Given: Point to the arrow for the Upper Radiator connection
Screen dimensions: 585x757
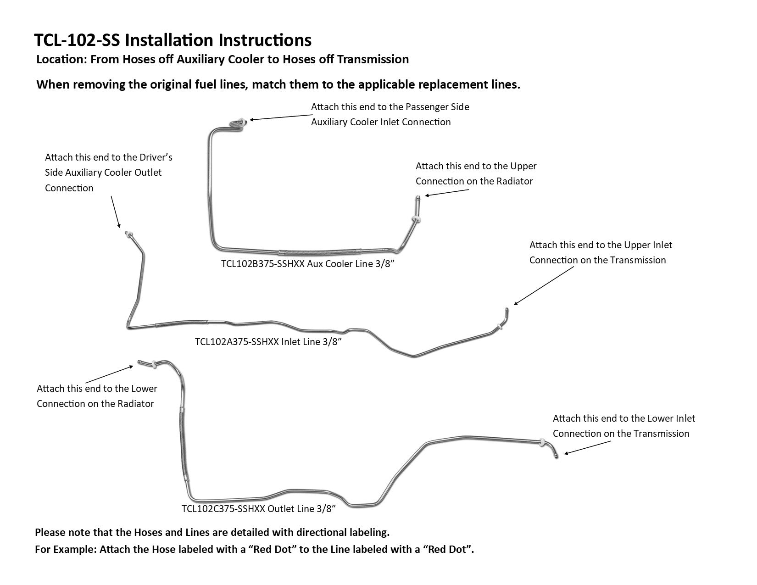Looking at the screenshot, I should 440,194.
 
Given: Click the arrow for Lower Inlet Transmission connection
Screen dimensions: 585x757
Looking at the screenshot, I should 587,448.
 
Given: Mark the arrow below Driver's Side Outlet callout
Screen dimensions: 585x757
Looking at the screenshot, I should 115,211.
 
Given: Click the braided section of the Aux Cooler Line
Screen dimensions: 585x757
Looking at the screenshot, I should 317,252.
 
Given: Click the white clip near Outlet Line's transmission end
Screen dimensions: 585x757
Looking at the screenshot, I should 543,443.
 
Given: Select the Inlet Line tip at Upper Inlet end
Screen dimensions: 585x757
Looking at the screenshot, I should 507,311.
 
